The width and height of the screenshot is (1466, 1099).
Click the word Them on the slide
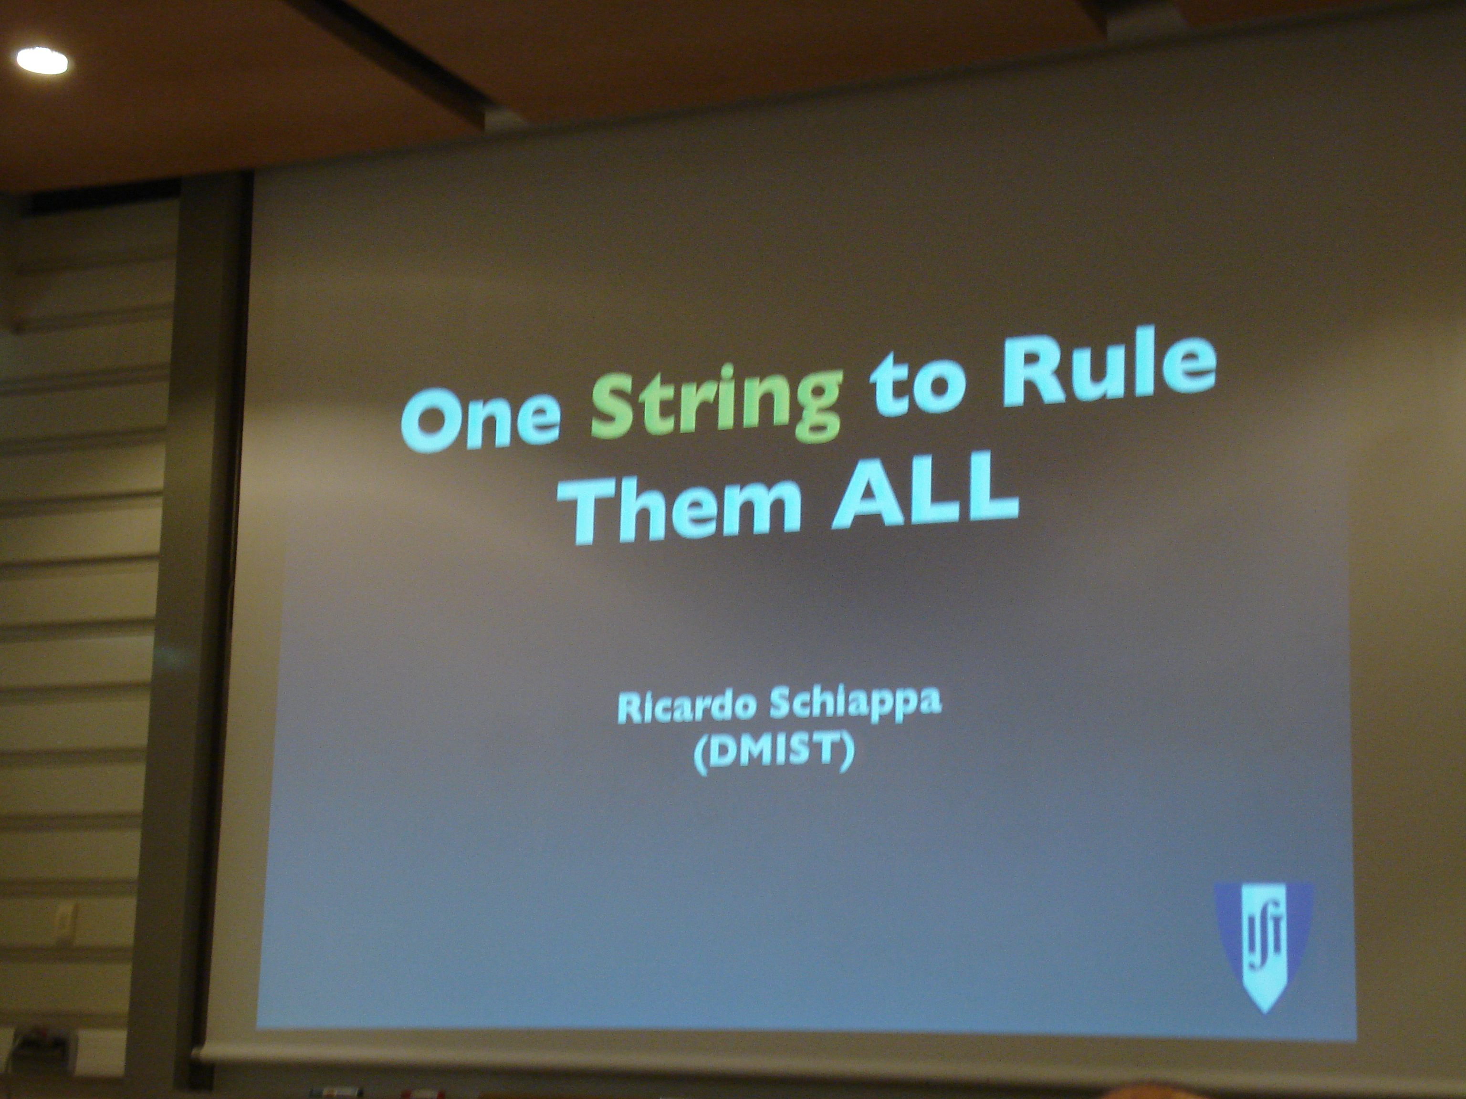[682, 503]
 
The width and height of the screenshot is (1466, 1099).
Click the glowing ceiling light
[42, 61]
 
